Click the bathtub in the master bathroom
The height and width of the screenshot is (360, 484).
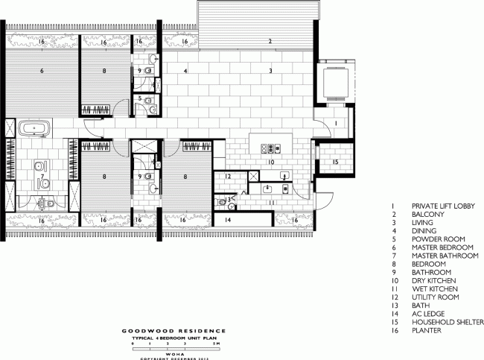tap(33, 128)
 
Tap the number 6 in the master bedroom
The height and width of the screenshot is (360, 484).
tap(42, 71)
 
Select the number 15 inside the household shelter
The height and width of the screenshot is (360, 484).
tap(334, 162)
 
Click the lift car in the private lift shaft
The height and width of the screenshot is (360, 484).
tap(333, 84)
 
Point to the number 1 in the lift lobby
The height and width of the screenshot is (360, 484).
tap(335, 123)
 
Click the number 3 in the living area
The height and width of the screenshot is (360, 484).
tap(272, 71)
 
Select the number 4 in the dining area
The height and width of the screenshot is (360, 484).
tap(185, 71)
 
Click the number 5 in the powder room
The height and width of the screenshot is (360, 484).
tap(139, 98)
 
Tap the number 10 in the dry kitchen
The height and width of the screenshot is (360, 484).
tap(271, 161)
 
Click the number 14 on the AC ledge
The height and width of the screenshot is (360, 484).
tap(229, 221)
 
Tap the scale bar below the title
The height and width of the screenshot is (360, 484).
tap(163, 341)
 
